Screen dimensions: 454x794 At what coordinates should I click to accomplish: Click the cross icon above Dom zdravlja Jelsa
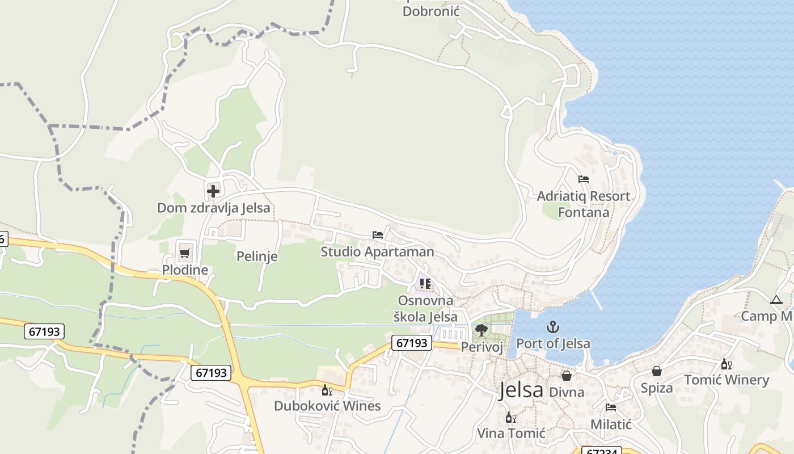213,191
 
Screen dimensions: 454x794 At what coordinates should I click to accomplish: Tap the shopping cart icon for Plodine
184,253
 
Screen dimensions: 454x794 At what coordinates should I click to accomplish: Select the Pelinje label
257,257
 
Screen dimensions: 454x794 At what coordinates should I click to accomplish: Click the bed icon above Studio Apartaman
378,235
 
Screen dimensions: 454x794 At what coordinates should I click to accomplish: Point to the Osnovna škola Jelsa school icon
425,283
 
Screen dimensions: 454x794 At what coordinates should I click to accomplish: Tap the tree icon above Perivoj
482,330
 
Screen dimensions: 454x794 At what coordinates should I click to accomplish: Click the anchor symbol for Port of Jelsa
553,327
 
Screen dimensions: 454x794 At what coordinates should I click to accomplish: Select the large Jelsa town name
521,390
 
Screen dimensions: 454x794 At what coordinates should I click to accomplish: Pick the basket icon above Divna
567,376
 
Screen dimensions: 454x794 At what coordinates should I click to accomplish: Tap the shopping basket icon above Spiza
657,371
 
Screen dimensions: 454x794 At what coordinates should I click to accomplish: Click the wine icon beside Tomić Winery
726,364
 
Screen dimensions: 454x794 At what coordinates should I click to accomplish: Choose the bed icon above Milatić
611,407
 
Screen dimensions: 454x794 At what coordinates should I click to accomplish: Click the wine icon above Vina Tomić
511,418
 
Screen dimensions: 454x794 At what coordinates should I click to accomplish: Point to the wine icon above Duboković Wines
327,390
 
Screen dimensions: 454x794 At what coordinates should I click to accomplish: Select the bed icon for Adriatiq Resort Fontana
584,179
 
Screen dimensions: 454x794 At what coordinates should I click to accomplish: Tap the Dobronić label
430,11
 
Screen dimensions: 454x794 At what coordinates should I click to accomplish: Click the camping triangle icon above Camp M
776,300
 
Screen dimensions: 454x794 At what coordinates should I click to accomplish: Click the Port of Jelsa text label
553,343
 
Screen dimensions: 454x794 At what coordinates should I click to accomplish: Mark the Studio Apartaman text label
378,251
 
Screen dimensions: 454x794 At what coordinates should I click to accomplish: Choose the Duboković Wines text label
327,406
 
